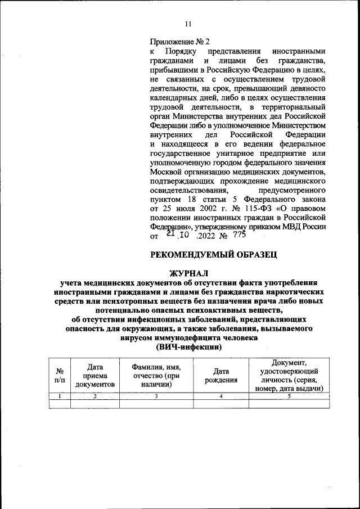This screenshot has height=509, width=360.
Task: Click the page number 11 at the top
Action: tap(188, 24)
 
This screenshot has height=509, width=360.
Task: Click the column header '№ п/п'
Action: tap(59, 375)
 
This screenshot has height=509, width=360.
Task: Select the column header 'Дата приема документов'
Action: tap(94, 375)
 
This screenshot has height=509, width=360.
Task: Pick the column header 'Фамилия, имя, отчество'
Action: tap(156, 375)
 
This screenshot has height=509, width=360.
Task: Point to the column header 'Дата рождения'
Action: tap(221, 375)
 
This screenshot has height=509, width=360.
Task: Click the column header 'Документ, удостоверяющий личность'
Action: tap(289, 375)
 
